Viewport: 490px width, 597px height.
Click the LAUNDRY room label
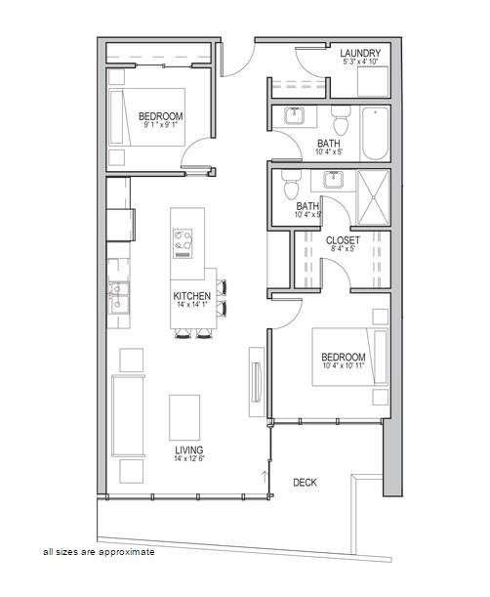pos(360,54)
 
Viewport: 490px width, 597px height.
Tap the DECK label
pos(305,483)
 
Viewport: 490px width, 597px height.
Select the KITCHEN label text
pos(191,296)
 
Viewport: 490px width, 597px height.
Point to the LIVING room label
pos(189,450)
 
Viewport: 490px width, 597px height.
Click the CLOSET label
pos(343,240)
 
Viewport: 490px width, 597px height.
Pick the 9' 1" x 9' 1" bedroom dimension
pos(161,124)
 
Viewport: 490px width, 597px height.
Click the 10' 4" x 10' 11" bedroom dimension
pos(344,365)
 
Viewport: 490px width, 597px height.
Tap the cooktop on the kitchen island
pos(183,243)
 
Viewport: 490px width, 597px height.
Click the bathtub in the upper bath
pos(376,133)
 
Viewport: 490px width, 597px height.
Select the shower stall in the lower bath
pos(374,197)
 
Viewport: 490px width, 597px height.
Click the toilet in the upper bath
pos(341,119)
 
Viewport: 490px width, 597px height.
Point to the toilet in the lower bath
pos(292,184)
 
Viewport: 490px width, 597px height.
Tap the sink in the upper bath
pos(294,115)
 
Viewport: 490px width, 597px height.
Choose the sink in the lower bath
pos(333,180)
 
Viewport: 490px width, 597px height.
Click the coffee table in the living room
pos(184,417)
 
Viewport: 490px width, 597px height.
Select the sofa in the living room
pos(128,416)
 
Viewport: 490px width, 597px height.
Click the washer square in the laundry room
pos(373,82)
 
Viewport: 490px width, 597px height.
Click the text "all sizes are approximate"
pos(99,552)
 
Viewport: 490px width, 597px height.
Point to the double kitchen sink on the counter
pos(119,298)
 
